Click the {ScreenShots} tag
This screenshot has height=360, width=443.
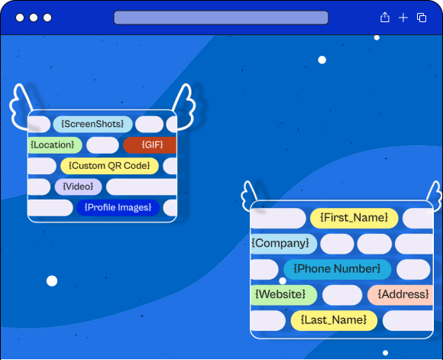pyautogui.click(x=92, y=124)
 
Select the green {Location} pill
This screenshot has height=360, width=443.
pyautogui.click(x=55, y=145)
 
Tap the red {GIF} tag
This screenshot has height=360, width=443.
pyautogui.click(x=150, y=145)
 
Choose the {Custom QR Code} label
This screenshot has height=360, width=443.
pyautogui.click(x=109, y=166)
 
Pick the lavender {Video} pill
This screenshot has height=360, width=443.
pyautogui.click(x=78, y=186)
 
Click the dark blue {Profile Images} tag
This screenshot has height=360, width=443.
pyautogui.click(x=118, y=208)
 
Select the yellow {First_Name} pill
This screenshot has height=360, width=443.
pyautogui.click(x=354, y=218)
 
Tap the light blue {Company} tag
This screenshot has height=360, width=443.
pyautogui.click(x=283, y=244)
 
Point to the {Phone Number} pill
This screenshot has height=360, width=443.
pyautogui.click(x=337, y=269)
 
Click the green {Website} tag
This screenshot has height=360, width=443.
pyautogui.click(x=283, y=295)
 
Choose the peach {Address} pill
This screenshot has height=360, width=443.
pyautogui.click(x=400, y=295)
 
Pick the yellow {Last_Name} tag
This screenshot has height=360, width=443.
pyautogui.click(x=334, y=320)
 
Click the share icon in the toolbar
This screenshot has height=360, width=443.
pyautogui.click(x=385, y=18)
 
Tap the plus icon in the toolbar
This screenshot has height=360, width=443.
pyautogui.click(x=403, y=18)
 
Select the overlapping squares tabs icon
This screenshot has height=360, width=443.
pyautogui.click(x=422, y=18)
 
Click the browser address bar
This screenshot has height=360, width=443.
pyautogui.click(x=221, y=18)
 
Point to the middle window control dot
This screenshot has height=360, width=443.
pyautogui.click(x=34, y=18)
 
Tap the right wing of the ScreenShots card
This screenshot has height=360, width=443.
pyautogui.click(x=185, y=108)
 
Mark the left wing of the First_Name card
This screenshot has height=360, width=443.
pyautogui.click(x=249, y=196)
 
